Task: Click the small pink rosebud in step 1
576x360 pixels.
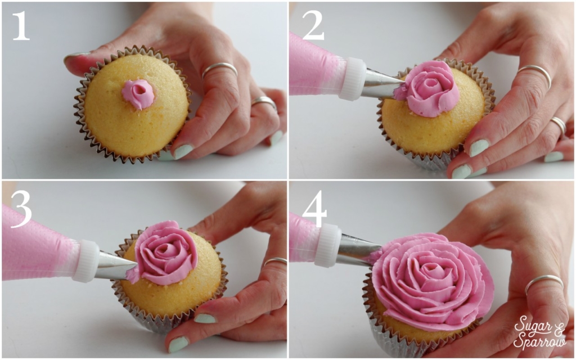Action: [138, 93]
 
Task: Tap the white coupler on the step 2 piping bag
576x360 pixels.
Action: [353, 79]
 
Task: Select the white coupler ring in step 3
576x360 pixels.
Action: [85, 261]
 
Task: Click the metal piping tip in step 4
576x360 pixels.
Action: [357, 251]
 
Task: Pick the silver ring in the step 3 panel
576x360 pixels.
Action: [275, 261]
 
